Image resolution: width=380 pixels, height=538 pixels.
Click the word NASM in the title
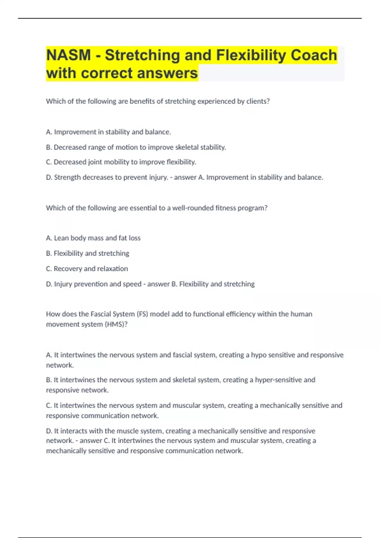click(x=68, y=55)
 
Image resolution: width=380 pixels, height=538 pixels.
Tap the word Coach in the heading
click(x=314, y=55)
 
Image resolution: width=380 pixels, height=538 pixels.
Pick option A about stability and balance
click(x=108, y=132)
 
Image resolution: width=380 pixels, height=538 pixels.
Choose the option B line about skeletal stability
click(x=136, y=147)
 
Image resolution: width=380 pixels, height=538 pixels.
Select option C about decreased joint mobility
click(x=121, y=162)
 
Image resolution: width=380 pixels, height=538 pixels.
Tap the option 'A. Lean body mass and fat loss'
click(x=93, y=238)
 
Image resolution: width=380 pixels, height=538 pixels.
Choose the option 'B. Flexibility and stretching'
click(x=87, y=253)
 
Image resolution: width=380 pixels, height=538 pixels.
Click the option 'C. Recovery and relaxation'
click(x=87, y=269)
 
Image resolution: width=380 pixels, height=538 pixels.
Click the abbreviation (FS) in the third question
click(x=142, y=314)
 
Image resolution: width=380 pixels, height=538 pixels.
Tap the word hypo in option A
click(x=259, y=355)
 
